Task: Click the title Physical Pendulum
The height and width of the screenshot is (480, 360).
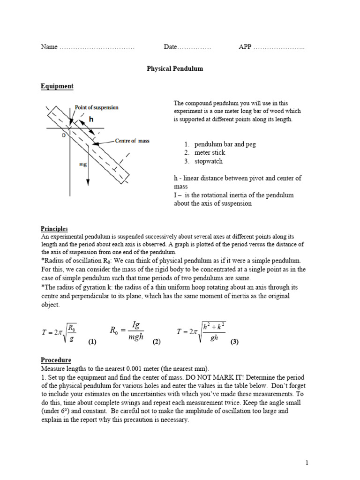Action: point(175,68)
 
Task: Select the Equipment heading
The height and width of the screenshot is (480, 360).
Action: point(57,86)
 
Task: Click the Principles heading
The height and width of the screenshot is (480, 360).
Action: point(54,229)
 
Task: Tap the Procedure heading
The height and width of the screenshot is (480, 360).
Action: point(56,360)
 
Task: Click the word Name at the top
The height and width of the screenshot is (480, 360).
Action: point(49,47)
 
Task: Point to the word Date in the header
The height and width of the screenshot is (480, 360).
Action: point(170,47)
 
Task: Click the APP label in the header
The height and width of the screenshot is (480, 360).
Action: point(245,47)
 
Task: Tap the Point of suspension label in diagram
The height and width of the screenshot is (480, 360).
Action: point(97,107)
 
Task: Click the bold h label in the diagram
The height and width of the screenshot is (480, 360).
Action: point(91,120)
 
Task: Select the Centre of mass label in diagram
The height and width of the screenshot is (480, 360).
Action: point(132,141)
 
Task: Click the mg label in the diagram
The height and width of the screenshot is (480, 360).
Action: point(82,165)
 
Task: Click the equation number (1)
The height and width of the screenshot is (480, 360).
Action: point(92,342)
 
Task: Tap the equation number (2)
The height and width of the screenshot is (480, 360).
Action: point(157,342)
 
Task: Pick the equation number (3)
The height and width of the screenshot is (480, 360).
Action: point(234,342)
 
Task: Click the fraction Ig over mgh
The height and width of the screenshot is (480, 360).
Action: point(136,331)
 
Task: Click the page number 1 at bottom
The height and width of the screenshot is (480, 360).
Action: point(307,463)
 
